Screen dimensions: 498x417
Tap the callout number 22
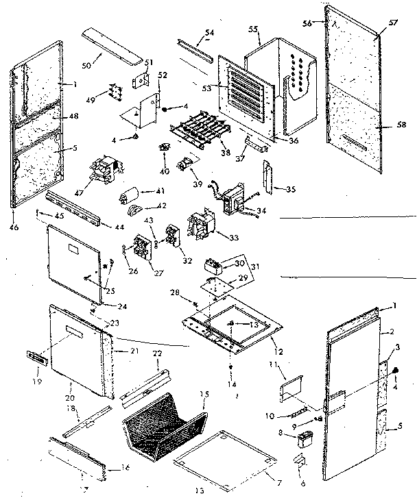tap(157, 353)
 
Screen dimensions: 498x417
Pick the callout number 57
tap(394, 23)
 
